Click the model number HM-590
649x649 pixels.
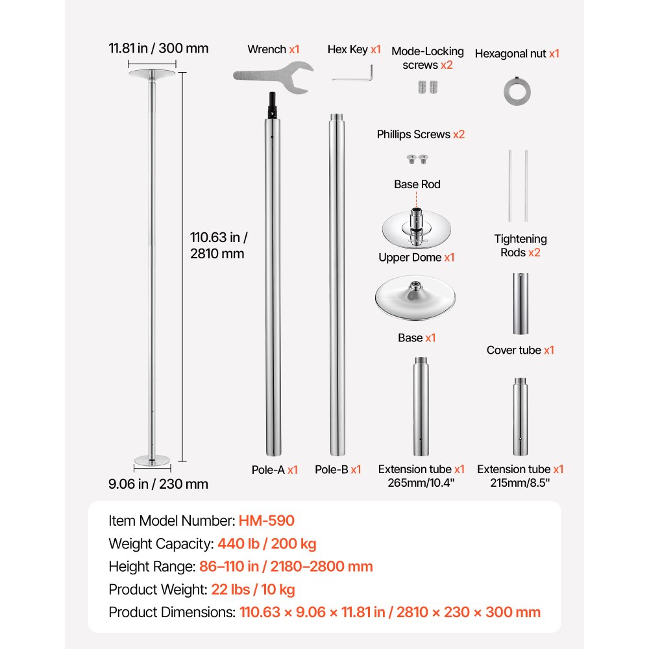[267, 520]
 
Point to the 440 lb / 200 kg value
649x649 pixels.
[267, 543]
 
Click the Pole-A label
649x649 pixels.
[275, 470]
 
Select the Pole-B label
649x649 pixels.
[337, 469]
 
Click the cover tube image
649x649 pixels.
[520, 303]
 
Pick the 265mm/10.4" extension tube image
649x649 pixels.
[421, 406]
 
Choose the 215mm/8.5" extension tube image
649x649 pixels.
[520, 417]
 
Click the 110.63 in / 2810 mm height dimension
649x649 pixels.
[219, 245]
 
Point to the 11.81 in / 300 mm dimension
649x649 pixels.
[158, 48]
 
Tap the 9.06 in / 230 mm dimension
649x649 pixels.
[158, 484]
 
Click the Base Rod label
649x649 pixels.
[417, 184]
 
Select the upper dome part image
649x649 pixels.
[417, 228]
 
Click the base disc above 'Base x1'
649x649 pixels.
[415, 298]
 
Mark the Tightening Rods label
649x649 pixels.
[520, 245]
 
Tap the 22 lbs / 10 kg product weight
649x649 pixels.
[253, 589]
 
